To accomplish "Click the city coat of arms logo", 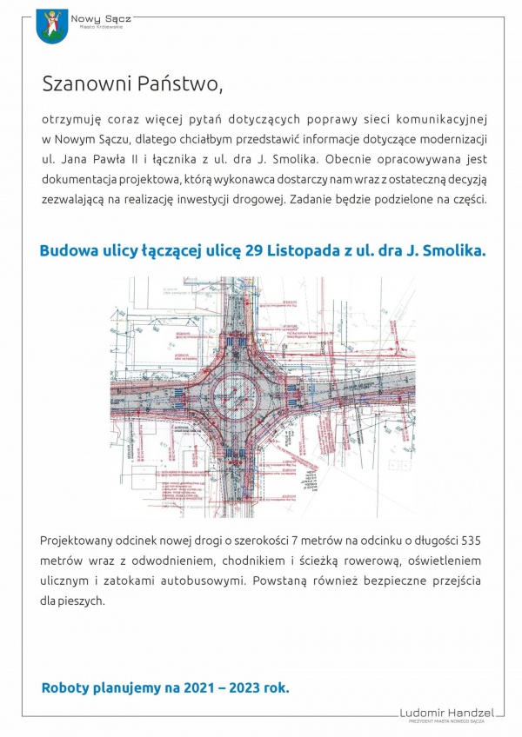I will point(53,27).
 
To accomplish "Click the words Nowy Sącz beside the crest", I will point(96,17).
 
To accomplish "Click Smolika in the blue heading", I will point(453,250).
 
